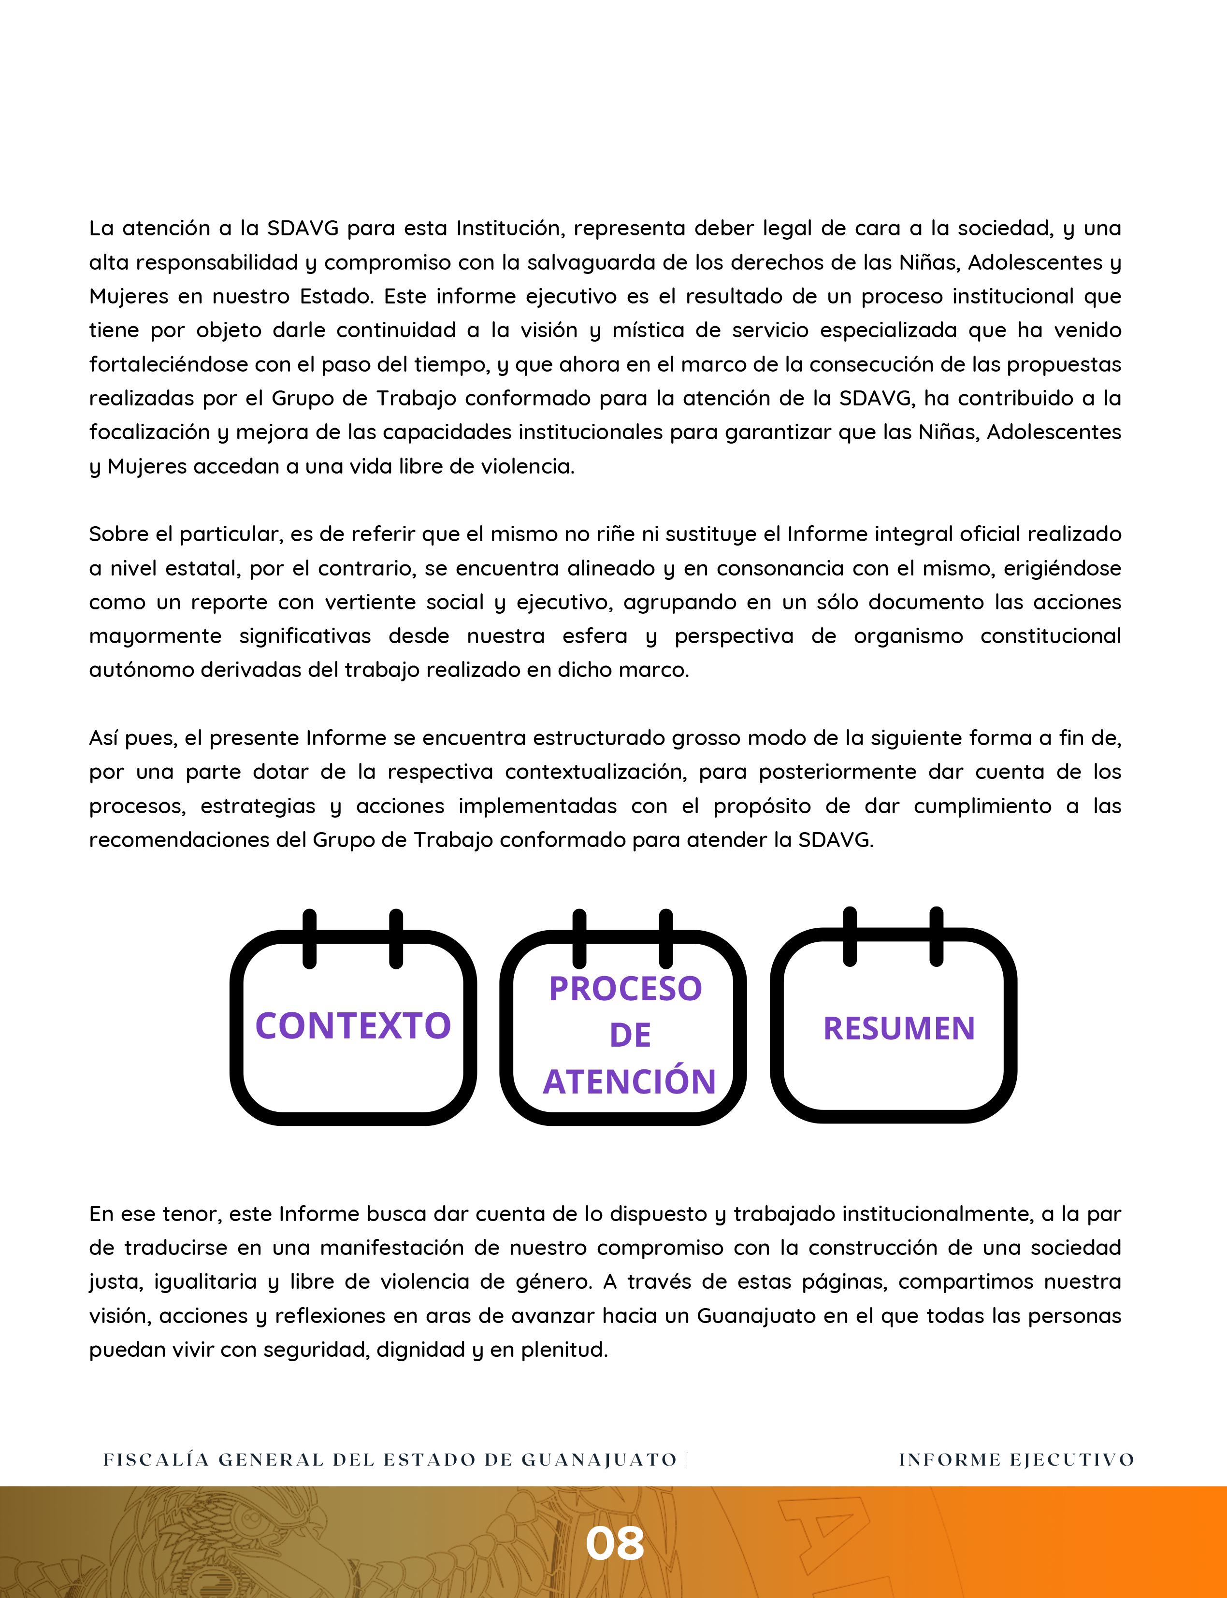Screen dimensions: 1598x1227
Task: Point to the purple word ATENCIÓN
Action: tap(630, 1081)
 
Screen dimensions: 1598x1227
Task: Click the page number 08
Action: tap(614, 1543)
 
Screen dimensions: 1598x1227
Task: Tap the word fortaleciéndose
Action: tap(172, 364)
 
